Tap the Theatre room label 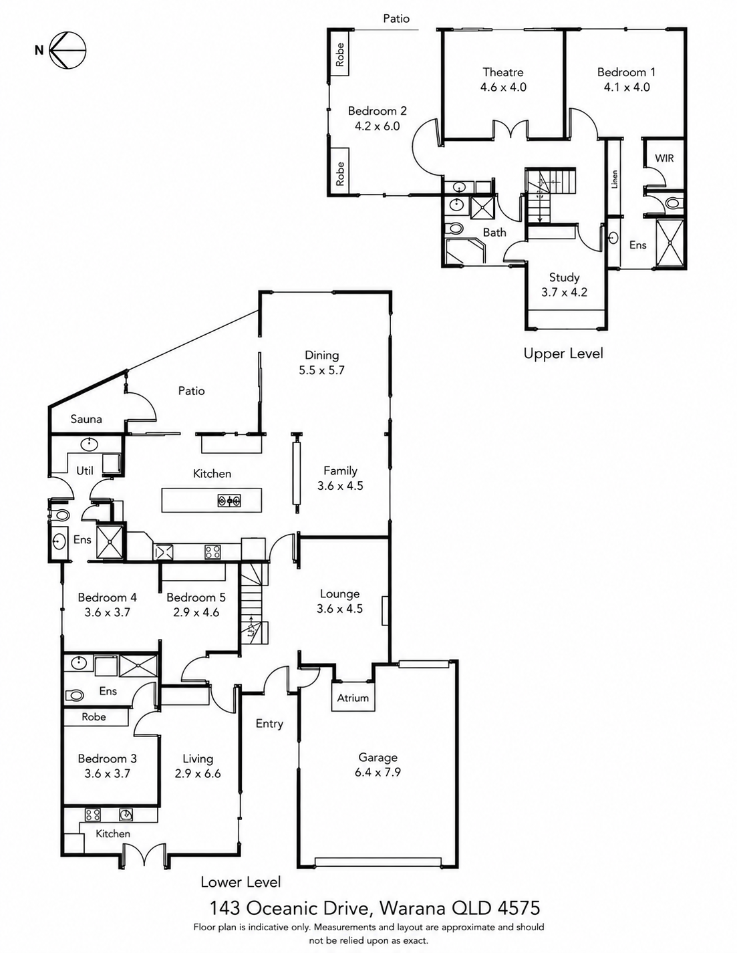(x=503, y=72)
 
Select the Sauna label (x=86, y=419)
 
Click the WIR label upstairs (x=664, y=158)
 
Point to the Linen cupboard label (x=614, y=179)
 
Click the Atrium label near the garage (x=353, y=698)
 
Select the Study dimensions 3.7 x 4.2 (x=564, y=292)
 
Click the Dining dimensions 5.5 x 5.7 (x=322, y=370)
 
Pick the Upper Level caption (x=563, y=353)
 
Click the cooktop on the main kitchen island (x=229, y=501)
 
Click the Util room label (x=85, y=470)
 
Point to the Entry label (x=269, y=724)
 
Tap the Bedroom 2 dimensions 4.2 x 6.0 (x=377, y=126)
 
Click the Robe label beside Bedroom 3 (x=94, y=716)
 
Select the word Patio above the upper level (x=396, y=19)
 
